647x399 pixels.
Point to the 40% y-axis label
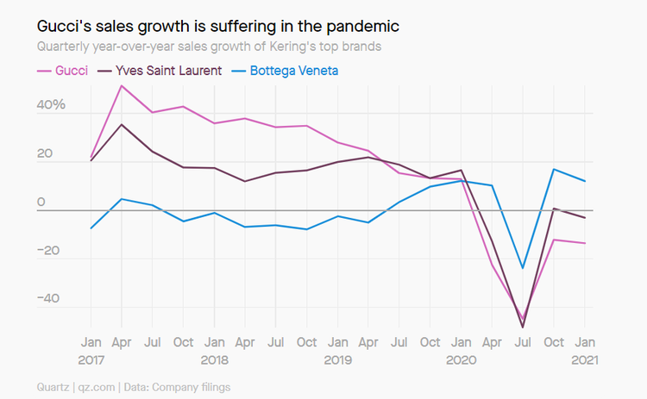click(x=50, y=105)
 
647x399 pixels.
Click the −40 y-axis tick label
click(x=50, y=299)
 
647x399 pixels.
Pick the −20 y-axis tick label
click(x=50, y=251)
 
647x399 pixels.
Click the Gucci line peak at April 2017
click(x=122, y=85)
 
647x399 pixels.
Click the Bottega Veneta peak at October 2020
click(x=554, y=169)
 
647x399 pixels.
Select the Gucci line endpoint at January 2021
click(x=585, y=243)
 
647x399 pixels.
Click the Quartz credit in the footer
click(x=57, y=387)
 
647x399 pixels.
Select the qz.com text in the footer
click(x=106, y=387)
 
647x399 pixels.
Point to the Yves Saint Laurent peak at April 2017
click(x=122, y=125)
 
